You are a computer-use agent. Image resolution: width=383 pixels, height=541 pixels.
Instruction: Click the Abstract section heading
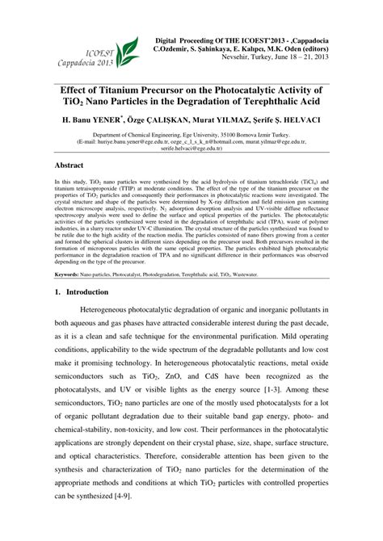tap(70, 163)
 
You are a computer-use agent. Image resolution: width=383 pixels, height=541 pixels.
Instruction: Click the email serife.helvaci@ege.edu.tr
tap(191, 149)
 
